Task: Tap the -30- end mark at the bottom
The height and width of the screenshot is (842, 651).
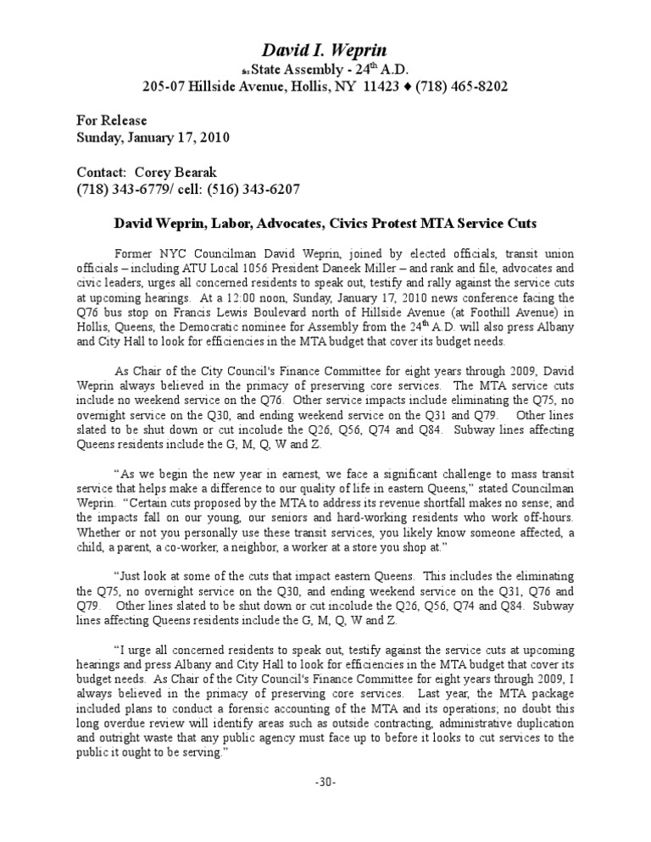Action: pos(325,782)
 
